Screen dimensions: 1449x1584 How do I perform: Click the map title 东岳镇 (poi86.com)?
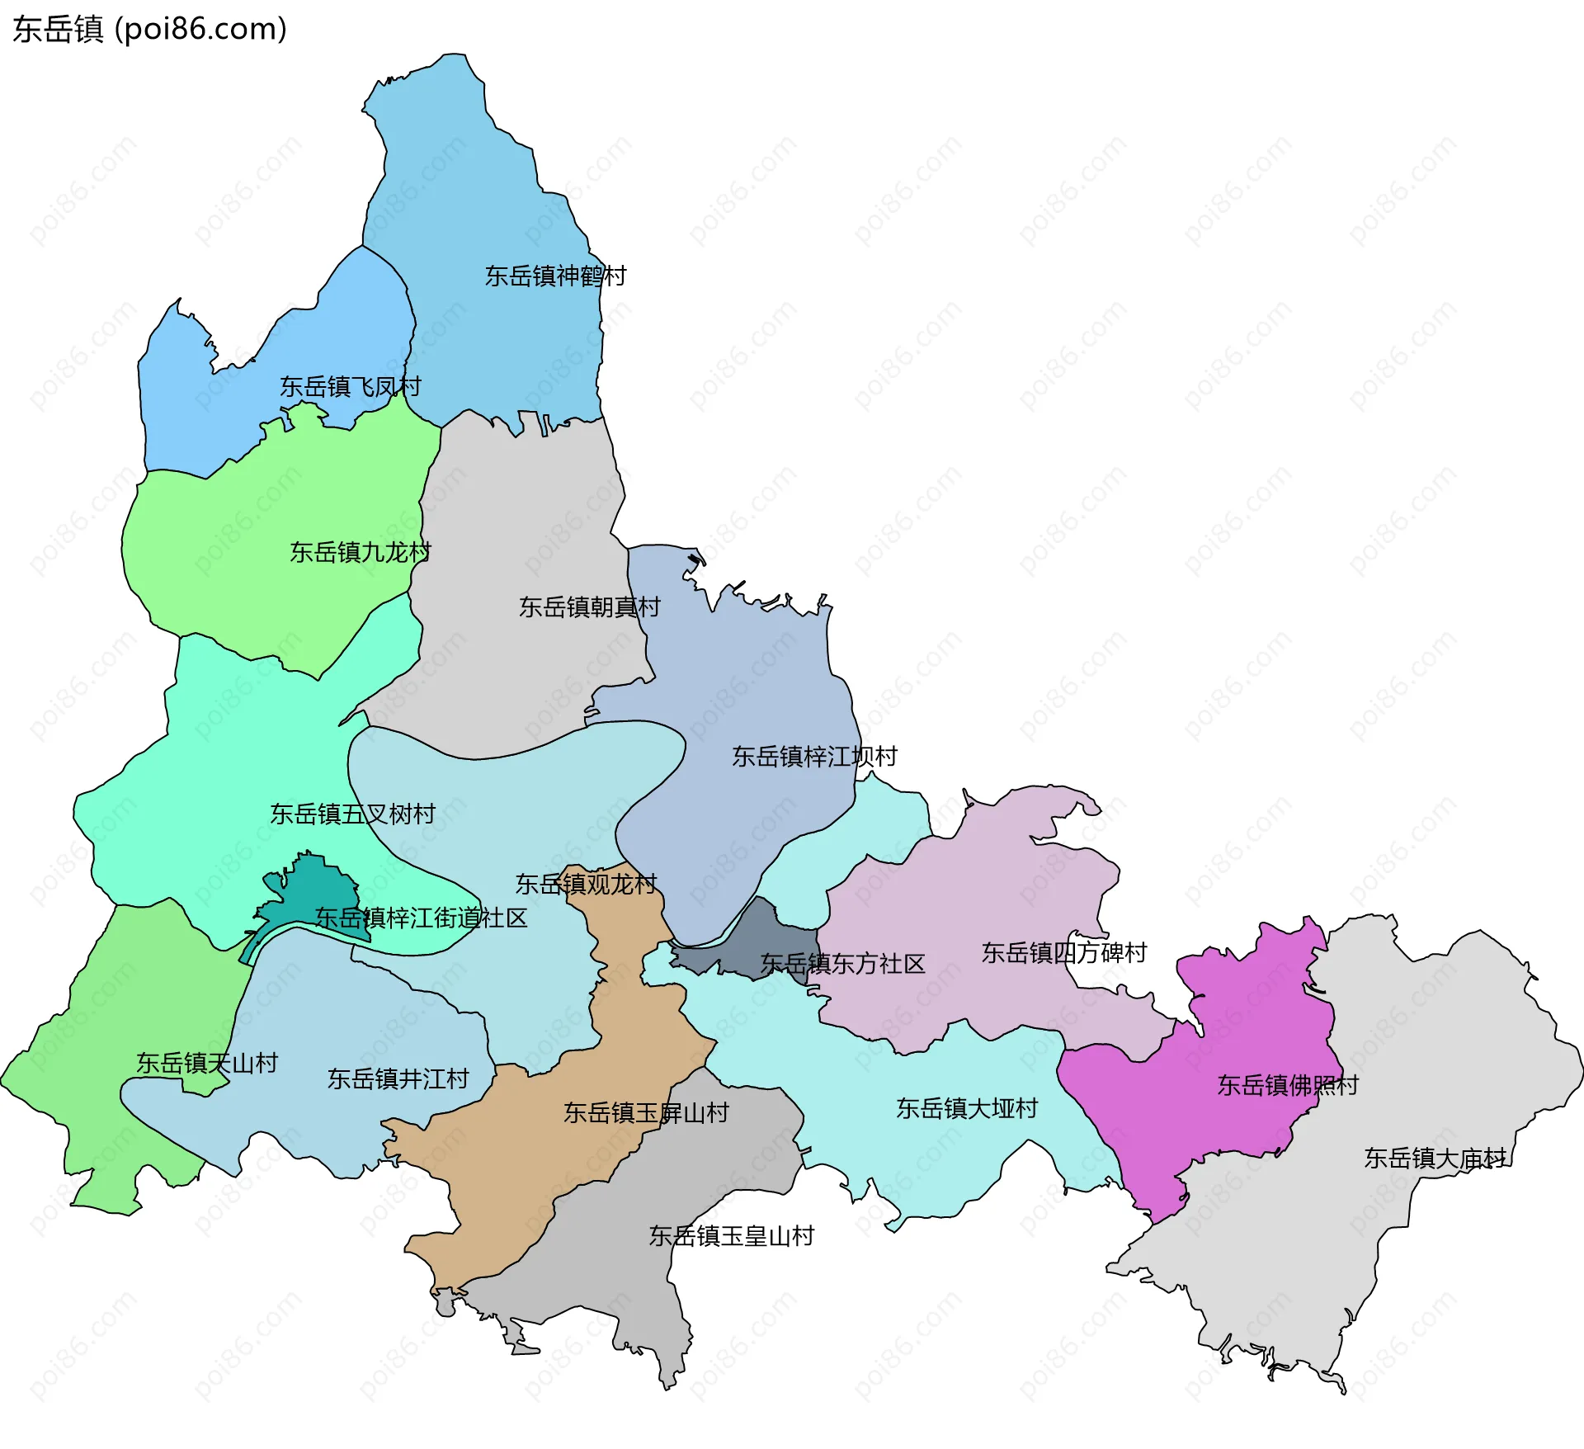tap(149, 29)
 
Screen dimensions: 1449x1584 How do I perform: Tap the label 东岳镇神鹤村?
tap(555, 276)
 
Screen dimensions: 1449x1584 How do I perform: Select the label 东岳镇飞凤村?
tap(351, 386)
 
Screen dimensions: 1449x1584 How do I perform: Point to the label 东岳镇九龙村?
tap(361, 552)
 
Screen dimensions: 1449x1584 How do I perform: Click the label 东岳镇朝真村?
tap(590, 607)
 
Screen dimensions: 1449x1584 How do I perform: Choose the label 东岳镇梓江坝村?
tap(814, 757)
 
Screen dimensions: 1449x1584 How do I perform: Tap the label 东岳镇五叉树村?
tap(352, 814)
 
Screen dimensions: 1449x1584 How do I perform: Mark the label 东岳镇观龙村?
tap(586, 885)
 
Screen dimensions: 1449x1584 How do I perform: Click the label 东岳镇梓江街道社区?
tap(421, 918)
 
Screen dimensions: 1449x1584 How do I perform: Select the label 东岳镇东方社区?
tap(842, 964)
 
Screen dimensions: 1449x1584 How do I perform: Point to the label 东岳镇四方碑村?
tap(1064, 953)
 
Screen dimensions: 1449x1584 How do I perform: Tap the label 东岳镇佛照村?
tap(1288, 1085)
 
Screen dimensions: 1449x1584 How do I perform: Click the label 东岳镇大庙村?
tap(1435, 1159)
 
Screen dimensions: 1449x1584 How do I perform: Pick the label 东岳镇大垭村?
tap(967, 1108)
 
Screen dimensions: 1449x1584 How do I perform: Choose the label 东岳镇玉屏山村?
tap(646, 1113)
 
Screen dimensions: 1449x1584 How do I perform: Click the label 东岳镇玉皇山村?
tap(732, 1236)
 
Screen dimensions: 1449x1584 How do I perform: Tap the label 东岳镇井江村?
tap(398, 1078)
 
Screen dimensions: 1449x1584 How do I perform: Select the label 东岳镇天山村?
tap(207, 1063)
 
